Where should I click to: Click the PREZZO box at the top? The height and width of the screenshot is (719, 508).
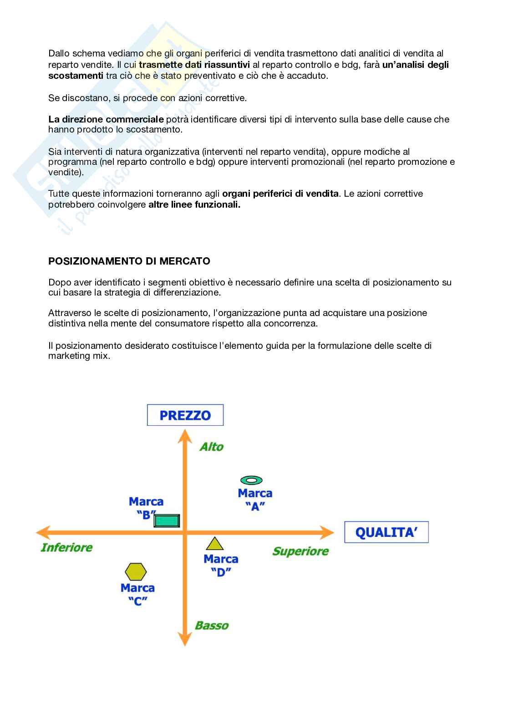(x=185, y=415)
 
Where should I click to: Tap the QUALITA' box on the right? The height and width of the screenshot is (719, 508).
(x=386, y=532)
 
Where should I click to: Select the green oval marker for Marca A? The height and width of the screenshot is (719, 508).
(x=251, y=480)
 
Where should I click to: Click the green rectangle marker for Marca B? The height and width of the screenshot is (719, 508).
(x=167, y=520)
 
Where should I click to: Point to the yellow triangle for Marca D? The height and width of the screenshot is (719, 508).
(x=215, y=544)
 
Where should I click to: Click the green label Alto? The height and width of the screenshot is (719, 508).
(x=212, y=447)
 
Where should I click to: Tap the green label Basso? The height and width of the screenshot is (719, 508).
(x=212, y=625)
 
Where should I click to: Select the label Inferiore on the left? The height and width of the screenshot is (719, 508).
(x=66, y=547)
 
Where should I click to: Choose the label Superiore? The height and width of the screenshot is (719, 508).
(x=300, y=551)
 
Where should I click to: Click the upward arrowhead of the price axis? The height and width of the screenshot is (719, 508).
(x=185, y=436)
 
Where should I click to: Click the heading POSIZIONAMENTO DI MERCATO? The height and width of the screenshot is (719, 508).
(x=129, y=261)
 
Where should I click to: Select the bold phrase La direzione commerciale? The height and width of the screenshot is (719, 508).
(x=106, y=119)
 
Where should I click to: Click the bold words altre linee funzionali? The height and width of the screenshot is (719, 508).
(x=194, y=204)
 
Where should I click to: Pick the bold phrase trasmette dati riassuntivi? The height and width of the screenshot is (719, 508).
(x=194, y=65)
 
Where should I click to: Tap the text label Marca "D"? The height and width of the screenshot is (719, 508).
(x=221, y=565)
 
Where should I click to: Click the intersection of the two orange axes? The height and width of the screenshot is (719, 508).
(x=185, y=532)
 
